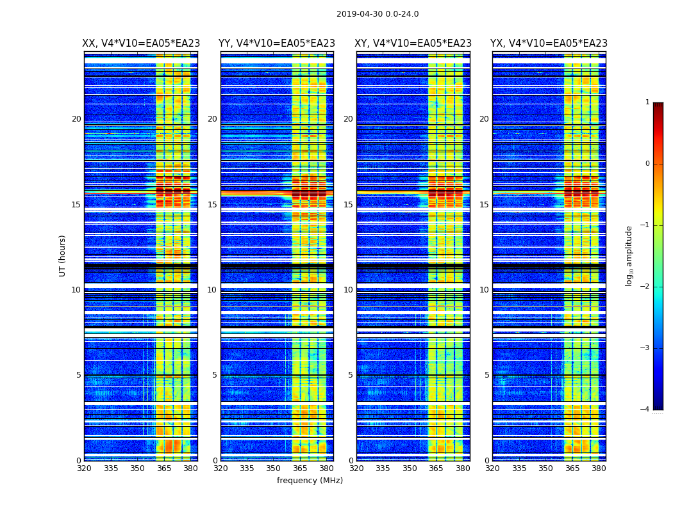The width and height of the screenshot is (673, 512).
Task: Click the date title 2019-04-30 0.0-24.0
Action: tap(378, 14)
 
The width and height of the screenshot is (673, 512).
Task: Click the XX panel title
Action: tap(140, 44)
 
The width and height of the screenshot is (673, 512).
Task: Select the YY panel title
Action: tap(277, 44)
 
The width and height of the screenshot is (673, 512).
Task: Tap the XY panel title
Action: tap(413, 44)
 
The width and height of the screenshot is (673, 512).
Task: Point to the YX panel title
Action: tap(549, 44)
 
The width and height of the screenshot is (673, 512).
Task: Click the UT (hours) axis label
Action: tap(63, 255)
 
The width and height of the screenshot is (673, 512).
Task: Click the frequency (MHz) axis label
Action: tap(310, 481)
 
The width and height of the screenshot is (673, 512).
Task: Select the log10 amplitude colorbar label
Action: tap(629, 255)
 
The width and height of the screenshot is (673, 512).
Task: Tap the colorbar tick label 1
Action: tap(647, 102)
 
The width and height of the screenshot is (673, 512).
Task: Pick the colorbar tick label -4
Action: tap(645, 410)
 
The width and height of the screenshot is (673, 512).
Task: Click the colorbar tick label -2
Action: tap(645, 287)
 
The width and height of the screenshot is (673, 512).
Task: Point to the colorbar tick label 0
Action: tap(647, 164)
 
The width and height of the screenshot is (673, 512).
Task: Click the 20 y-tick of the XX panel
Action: tap(76, 119)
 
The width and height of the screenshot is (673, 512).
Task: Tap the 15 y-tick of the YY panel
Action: tap(212, 205)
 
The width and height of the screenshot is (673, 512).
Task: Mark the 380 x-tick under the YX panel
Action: tap(599, 468)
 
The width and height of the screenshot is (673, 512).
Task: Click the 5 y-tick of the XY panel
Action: tap(351, 375)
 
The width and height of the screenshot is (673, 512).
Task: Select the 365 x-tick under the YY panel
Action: tap(300, 468)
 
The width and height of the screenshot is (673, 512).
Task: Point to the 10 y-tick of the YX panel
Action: tap(484, 290)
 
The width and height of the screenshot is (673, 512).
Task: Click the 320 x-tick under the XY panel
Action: tap(356, 468)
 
